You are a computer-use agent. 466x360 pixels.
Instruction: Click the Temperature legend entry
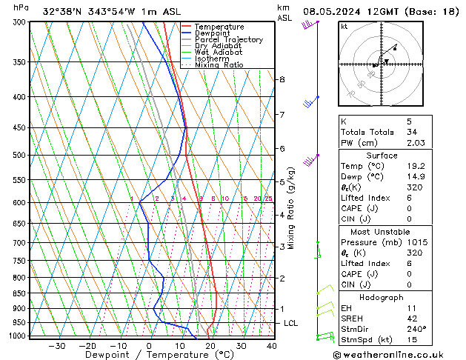220,27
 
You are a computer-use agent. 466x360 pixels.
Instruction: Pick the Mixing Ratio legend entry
219,65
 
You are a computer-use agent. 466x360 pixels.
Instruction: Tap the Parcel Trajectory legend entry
228,40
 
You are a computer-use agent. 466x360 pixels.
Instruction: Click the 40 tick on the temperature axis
272,346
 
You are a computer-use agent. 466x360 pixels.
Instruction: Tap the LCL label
291,324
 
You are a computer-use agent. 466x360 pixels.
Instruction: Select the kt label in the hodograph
344,27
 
